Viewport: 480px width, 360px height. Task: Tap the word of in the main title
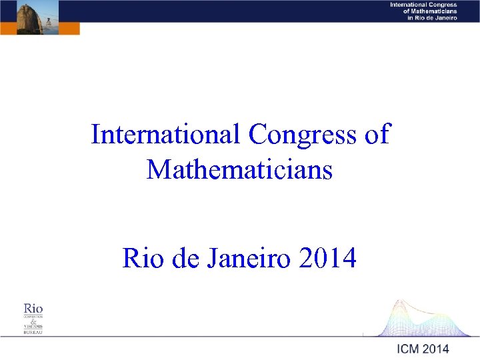tap(377, 135)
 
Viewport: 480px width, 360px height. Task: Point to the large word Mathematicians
tap(239, 170)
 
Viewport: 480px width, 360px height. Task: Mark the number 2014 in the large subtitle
tap(328, 258)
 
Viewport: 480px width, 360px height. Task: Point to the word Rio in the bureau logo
tap(33, 308)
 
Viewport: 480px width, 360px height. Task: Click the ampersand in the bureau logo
tap(33, 321)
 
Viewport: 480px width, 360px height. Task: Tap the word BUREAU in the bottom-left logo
tap(33, 332)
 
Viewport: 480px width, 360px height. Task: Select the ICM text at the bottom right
tap(409, 349)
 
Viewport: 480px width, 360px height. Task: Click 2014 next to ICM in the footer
tap(436, 349)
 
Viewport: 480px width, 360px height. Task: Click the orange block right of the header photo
tap(69, 28)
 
